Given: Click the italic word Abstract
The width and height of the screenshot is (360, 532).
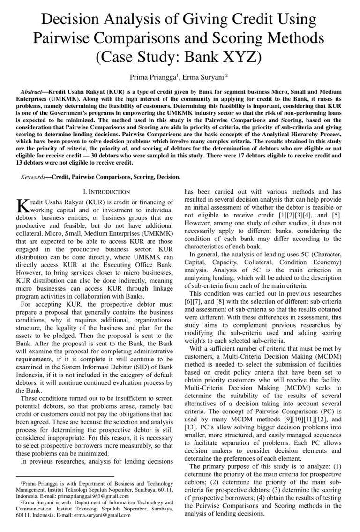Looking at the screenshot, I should point(35,90).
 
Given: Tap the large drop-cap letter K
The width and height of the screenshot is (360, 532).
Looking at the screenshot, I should point(23,205).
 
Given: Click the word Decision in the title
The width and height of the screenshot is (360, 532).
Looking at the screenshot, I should point(70,19).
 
